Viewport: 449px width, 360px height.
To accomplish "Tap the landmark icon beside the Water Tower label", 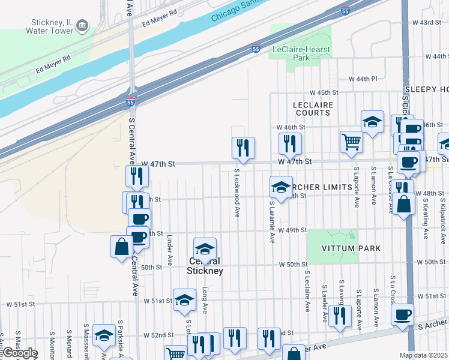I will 82,26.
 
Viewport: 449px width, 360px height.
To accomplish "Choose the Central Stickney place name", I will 205,266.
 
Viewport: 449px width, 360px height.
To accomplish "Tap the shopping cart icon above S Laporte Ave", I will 351,142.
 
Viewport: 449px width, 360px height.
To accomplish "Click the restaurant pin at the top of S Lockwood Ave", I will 243,147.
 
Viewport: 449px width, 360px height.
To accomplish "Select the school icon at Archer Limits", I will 280,187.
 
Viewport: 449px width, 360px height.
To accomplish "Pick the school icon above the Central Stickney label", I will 205,248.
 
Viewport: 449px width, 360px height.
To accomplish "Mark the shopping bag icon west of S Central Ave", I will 121,246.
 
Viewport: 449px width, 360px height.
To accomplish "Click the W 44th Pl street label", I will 364,79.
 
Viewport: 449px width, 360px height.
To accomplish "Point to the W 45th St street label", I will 324,92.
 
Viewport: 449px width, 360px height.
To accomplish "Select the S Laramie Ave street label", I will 272,221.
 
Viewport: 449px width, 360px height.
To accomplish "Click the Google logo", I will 20,353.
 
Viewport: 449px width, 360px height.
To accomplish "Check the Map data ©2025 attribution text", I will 423,355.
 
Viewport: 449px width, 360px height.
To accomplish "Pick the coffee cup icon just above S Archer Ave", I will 402,314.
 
